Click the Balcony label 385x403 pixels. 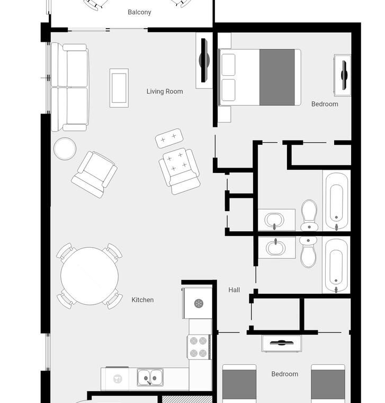(139, 12)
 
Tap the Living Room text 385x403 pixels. (165, 91)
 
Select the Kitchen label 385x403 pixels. (142, 300)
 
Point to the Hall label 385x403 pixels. (234, 290)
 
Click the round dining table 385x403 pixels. (89, 276)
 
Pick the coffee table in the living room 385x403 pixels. (119, 88)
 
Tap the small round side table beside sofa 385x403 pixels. (65, 148)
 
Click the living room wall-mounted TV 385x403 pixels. (204, 60)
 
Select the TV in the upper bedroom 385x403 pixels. (344, 75)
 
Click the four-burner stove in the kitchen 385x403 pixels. (199, 347)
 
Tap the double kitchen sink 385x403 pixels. (150, 378)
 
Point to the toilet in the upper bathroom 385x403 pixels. (309, 215)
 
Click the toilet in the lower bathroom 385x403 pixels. (308, 252)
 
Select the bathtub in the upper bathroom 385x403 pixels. (336, 202)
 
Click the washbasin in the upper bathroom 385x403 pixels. (275, 220)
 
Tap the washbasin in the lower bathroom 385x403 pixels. (276, 248)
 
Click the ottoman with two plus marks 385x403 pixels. (169, 138)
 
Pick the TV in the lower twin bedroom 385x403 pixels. (282, 343)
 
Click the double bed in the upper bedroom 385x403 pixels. (259, 77)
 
